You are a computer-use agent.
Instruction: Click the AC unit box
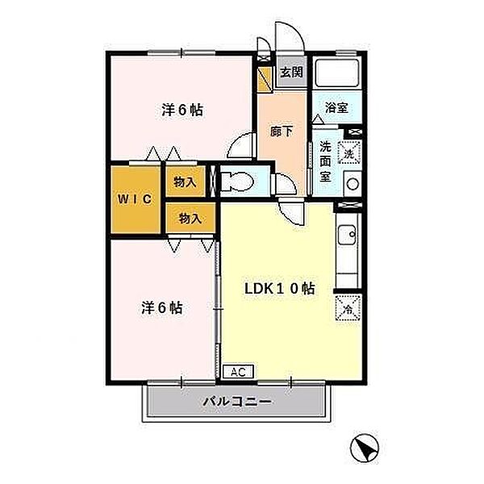[x=238, y=372]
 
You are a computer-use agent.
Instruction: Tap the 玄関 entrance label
[x=291, y=73]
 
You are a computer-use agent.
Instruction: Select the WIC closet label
[x=135, y=199]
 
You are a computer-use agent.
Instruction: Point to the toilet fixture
[x=237, y=181]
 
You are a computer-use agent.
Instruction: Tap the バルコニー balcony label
[x=237, y=402]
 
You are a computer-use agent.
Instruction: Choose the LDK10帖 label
[x=280, y=289]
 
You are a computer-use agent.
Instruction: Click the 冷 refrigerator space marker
[x=348, y=308]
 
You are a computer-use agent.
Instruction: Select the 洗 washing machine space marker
[x=349, y=152]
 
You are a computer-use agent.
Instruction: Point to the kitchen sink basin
[x=347, y=235]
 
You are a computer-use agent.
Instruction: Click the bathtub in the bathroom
[x=336, y=73]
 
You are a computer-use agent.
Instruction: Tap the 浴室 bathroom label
[x=336, y=108]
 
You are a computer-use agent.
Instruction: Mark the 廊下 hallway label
[x=282, y=131]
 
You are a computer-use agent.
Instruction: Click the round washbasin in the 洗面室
[x=353, y=184]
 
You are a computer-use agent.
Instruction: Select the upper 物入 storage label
[x=185, y=182]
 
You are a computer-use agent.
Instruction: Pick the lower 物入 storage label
[x=190, y=219]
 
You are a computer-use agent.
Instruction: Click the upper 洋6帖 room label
[x=182, y=110]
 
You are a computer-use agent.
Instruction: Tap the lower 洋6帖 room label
[x=162, y=308]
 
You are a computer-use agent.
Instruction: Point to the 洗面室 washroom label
[x=325, y=161]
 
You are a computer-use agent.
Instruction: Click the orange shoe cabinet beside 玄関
[x=265, y=79]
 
